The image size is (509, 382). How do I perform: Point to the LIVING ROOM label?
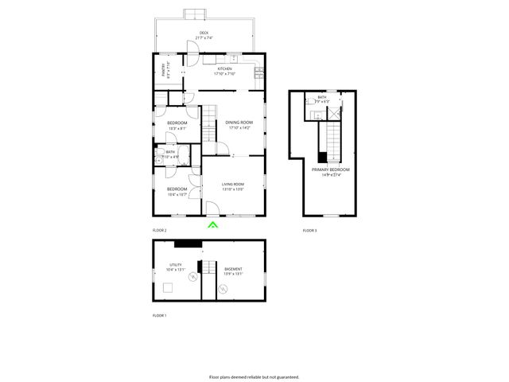tap(232, 186)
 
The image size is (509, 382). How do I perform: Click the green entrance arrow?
tap(212, 225)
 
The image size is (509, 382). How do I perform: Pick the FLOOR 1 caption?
tap(159, 316)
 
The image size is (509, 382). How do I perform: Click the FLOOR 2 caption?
tap(159, 230)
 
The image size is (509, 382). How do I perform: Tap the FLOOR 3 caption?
tap(309, 230)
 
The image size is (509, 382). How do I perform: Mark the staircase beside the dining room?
tap(208, 123)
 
